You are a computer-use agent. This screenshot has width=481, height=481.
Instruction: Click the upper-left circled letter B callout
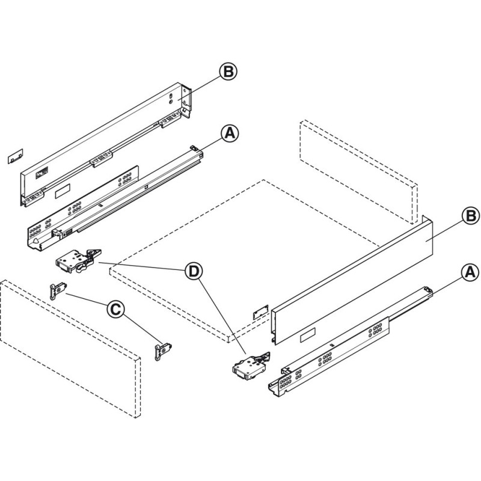click(228, 72)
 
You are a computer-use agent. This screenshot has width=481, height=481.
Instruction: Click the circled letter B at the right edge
click(471, 216)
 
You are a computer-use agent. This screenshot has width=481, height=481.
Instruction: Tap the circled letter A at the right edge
click(470, 272)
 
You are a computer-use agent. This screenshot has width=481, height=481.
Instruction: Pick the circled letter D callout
click(194, 272)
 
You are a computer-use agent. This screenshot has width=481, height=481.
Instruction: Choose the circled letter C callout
click(115, 310)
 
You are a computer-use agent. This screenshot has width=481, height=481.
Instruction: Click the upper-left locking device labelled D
click(78, 261)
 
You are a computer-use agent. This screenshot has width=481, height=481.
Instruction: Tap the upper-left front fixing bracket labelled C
click(58, 290)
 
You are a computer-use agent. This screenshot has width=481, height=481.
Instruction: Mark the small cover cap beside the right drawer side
click(260, 312)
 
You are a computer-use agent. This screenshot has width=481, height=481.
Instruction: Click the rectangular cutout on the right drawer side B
click(308, 335)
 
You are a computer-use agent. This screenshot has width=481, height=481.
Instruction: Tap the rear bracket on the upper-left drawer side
click(186, 100)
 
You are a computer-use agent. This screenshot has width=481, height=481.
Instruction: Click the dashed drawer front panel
click(70, 349)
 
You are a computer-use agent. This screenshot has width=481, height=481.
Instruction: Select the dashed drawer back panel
click(358, 172)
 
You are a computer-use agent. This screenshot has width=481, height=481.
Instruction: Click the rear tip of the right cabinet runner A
click(429, 289)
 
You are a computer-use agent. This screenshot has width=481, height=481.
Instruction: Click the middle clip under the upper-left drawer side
click(101, 158)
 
